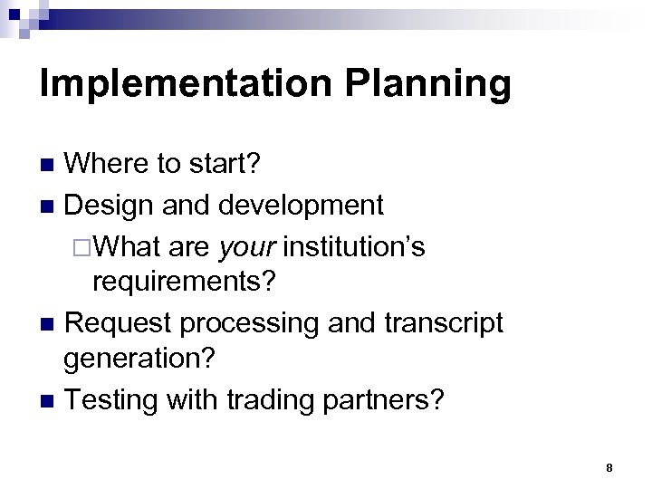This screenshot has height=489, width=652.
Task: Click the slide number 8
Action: pyautogui.click(x=610, y=468)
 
